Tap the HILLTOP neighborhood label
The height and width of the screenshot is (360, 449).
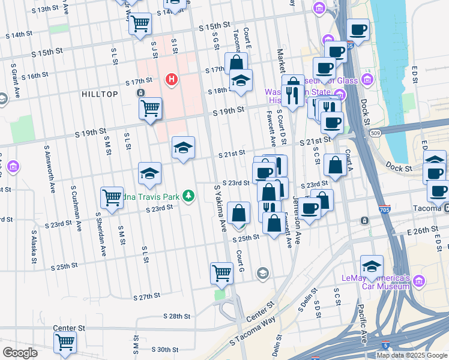click(100, 94)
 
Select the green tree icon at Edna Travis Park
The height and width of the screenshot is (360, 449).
click(188, 196)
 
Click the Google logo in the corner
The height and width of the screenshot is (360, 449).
click(20, 353)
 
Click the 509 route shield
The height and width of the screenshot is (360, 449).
click(374, 133)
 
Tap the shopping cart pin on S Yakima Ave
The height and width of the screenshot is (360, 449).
click(221, 272)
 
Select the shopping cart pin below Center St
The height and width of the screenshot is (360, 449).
click(65, 342)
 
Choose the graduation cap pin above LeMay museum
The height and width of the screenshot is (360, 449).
click(372, 266)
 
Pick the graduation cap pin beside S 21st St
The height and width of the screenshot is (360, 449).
click(183, 147)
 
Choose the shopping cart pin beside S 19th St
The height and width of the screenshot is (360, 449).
click(150, 109)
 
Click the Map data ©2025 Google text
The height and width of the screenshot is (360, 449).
click(411, 355)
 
